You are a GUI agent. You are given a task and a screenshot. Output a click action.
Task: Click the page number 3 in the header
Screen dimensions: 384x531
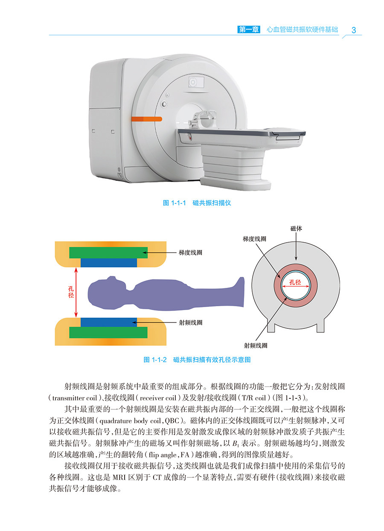(x=353, y=30)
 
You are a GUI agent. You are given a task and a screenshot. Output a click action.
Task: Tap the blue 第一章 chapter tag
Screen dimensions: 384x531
(x=248, y=30)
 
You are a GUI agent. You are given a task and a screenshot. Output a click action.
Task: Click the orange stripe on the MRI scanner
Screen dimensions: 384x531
(x=146, y=118)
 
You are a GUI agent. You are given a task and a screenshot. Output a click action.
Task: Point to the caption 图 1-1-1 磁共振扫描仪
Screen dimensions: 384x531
(x=197, y=203)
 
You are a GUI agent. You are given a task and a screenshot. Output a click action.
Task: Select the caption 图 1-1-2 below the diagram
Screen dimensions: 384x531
(x=197, y=360)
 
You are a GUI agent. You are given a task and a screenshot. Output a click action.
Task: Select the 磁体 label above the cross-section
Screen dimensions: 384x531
(x=296, y=229)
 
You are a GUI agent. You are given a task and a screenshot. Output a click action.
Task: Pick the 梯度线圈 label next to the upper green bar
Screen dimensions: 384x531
(x=190, y=252)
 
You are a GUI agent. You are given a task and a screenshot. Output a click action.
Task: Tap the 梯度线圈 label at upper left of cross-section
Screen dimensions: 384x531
(x=254, y=239)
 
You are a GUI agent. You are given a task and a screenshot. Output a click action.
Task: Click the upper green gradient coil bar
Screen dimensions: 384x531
(x=108, y=252)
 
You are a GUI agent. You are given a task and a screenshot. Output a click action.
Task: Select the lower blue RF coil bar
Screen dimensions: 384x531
(x=108, y=322)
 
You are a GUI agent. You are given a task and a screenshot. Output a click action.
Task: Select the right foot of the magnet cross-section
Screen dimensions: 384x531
(x=323, y=325)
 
